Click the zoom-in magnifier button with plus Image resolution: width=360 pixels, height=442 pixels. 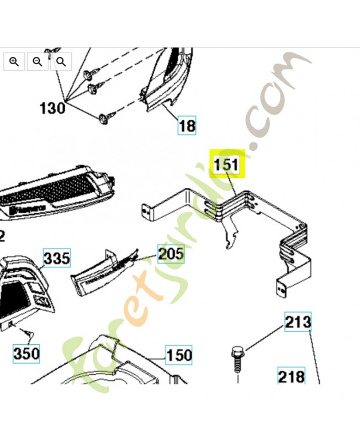click(14, 61)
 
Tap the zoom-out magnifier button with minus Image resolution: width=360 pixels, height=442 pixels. click(38, 61)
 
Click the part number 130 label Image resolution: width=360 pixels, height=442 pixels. click(52, 107)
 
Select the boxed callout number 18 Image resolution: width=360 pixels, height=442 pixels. click(187, 125)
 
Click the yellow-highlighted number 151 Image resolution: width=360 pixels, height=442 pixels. click(226, 164)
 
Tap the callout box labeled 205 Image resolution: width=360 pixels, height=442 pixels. click(171, 254)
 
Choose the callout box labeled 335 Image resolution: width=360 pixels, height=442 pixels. click(57, 258)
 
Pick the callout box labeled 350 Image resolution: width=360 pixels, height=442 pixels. click(27, 352)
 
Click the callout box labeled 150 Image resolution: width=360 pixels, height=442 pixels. click(179, 354)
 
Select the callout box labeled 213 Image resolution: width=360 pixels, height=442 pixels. click(298, 322)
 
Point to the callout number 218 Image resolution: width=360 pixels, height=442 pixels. click(291, 377)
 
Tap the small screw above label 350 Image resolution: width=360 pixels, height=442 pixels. click(30, 334)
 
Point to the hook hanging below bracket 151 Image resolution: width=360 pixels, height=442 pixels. click(231, 238)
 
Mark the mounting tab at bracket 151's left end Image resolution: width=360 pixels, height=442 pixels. click(147, 211)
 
